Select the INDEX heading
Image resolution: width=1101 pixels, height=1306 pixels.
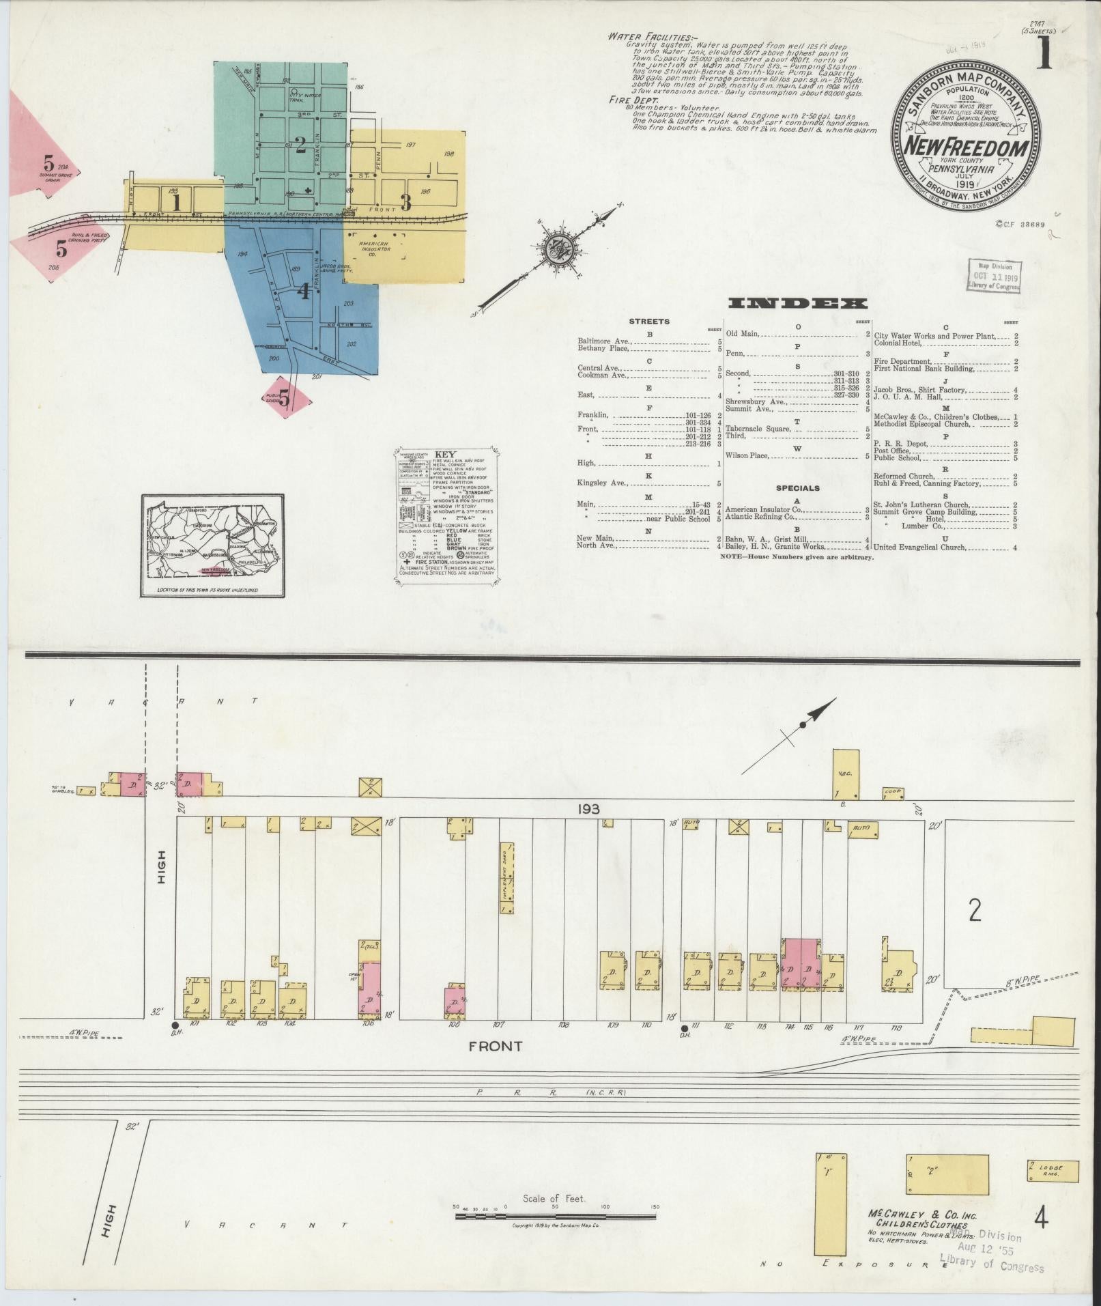(x=797, y=304)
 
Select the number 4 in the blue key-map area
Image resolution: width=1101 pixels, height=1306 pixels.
(x=303, y=292)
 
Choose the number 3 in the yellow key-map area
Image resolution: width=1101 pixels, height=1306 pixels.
(x=405, y=202)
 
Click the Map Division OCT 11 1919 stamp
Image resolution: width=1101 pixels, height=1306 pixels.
(x=994, y=275)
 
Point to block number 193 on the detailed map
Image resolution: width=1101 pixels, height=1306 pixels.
(x=588, y=809)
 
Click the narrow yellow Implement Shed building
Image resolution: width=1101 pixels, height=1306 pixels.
(x=507, y=877)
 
